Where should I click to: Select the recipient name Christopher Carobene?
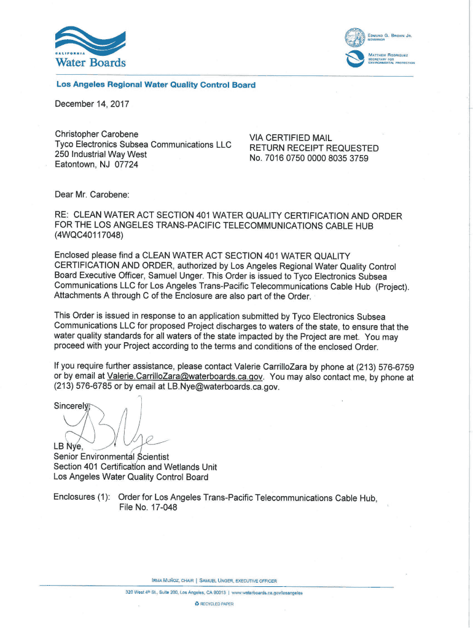coord(96,134)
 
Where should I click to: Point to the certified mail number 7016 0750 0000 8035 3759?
coord(316,158)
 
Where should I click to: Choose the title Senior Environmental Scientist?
coord(111,457)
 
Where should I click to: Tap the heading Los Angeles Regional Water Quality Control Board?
coord(155,85)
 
